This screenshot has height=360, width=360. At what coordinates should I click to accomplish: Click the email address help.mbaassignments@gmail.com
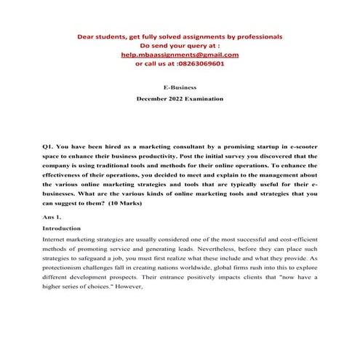pyautogui.click(x=180, y=54)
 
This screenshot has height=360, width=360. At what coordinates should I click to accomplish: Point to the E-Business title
pyautogui.click(x=180, y=86)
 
